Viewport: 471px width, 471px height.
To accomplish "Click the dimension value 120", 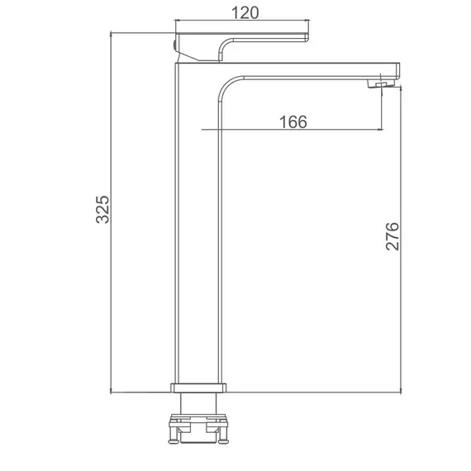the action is tap(245, 13).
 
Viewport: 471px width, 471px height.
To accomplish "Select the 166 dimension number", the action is tap(293, 122).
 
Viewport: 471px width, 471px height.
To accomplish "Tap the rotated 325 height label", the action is tap(102, 209).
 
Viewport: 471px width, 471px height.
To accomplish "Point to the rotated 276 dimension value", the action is tap(392, 236).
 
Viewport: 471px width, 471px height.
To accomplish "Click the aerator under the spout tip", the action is tap(380, 83).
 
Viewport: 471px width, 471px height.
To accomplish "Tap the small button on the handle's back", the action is tap(174, 45).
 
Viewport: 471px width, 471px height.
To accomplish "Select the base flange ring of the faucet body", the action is tap(198, 388).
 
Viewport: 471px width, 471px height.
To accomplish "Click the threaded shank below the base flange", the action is tap(198, 403).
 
